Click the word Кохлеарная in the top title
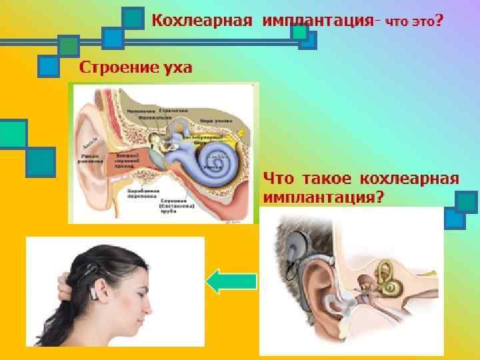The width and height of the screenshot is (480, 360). tap(201, 19)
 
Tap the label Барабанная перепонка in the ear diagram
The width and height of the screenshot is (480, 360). tap(141, 194)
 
